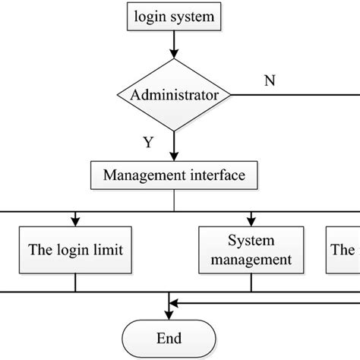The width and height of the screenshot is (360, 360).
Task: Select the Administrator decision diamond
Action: (174, 96)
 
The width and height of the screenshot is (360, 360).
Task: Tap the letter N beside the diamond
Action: (269, 81)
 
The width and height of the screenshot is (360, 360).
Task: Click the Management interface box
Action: (174, 175)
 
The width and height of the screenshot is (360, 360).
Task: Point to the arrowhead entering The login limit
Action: (76, 221)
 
